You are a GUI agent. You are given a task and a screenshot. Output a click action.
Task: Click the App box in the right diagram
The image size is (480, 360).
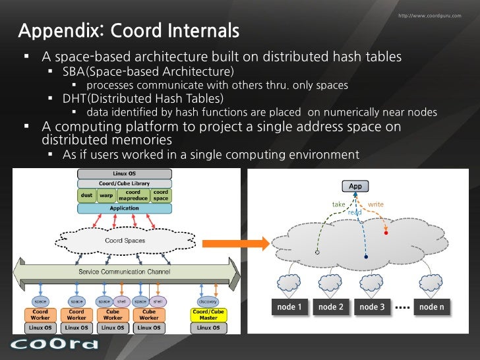pos(355,187)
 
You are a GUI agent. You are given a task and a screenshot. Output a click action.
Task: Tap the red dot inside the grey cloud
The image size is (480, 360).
pos(386,233)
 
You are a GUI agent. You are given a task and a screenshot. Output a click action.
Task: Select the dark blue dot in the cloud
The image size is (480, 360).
pos(366,257)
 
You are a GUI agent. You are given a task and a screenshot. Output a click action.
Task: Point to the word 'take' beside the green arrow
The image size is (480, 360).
pos(338,204)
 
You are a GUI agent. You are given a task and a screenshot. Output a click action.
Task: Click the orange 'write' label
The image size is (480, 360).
pos(376,204)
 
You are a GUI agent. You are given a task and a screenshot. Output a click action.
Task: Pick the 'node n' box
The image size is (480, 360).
pos(433,307)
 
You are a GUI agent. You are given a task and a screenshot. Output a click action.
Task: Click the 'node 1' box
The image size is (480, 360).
pos(290,307)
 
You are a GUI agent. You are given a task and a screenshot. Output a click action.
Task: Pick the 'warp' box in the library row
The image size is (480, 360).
pos(105,195)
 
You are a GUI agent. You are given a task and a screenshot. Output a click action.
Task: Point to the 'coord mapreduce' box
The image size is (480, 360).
pos(133,195)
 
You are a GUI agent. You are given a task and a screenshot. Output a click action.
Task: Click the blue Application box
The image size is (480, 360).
pos(124,208)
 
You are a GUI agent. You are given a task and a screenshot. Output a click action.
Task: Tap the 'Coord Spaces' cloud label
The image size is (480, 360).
pos(125,241)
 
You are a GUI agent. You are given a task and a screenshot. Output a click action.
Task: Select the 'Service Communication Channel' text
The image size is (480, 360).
pos(125,272)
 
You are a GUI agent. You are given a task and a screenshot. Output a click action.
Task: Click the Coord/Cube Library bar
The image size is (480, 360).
pos(124,183)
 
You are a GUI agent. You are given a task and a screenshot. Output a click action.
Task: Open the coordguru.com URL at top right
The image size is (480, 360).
pos(430,16)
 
